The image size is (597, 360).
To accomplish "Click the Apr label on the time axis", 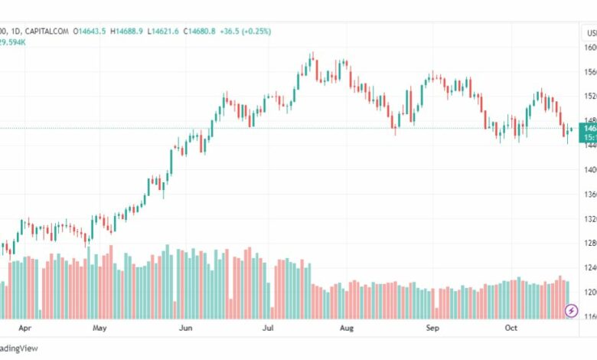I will coord(24,327).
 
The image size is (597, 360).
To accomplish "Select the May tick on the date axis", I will coord(99,327).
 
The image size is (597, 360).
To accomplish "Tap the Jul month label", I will coord(268,327).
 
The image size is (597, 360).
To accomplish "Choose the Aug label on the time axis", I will coord(347,327).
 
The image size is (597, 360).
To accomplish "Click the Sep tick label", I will coord(432,327).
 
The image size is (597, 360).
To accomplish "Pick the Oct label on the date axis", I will coord(511,327).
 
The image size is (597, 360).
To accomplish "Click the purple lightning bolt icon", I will coord(571,310).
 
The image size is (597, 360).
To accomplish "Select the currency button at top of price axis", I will coord(590,32).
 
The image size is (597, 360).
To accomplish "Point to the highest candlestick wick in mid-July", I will coord(312,54).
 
